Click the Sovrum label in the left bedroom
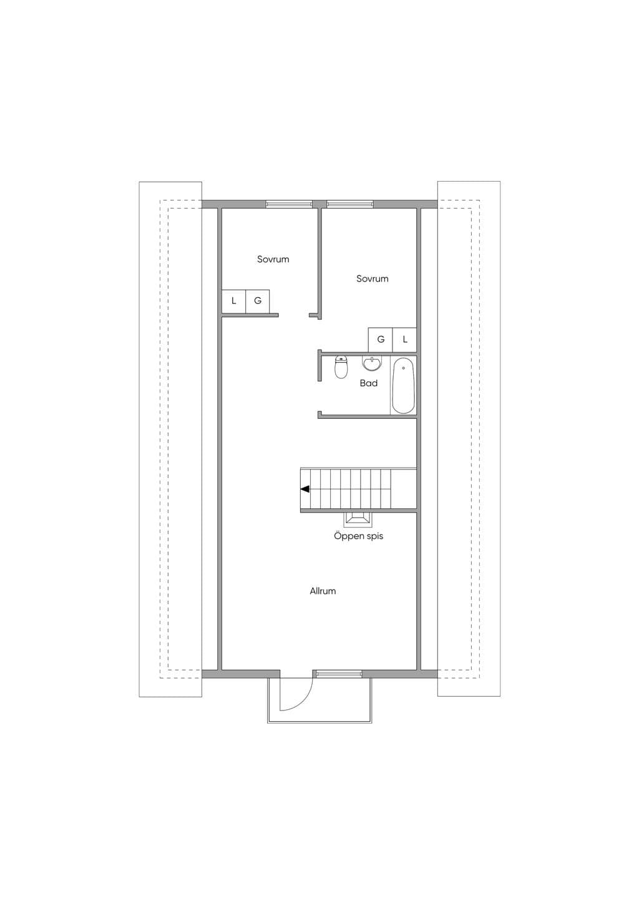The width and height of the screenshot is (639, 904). tap(273, 259)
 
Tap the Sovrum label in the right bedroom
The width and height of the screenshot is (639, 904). tap(373, 278)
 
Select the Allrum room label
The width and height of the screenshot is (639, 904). tap(323, 591)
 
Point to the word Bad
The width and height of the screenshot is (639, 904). tap(369, 383)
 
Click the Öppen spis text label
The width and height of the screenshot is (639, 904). tap(359, 536)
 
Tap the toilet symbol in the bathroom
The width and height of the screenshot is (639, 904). tap(341, 367)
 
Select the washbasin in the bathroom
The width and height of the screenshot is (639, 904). tap(371, 363)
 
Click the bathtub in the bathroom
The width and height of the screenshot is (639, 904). tap(403, 385)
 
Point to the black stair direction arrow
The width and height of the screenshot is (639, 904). tap(305, 489)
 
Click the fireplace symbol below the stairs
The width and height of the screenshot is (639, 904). tap(357, 520)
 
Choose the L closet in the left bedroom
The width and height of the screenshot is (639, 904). tap(233, 301)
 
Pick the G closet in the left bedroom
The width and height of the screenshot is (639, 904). tap(257, 301)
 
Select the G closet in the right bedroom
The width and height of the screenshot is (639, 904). tap(381, 340)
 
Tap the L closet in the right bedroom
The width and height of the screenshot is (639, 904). tap(404, 340)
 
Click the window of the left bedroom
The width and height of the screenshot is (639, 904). tap(289, 204)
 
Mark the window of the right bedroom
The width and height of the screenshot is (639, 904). tap(349, 204)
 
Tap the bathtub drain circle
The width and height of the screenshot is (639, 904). tap(403, 368)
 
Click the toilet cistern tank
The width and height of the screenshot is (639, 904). tap(341, 358)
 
